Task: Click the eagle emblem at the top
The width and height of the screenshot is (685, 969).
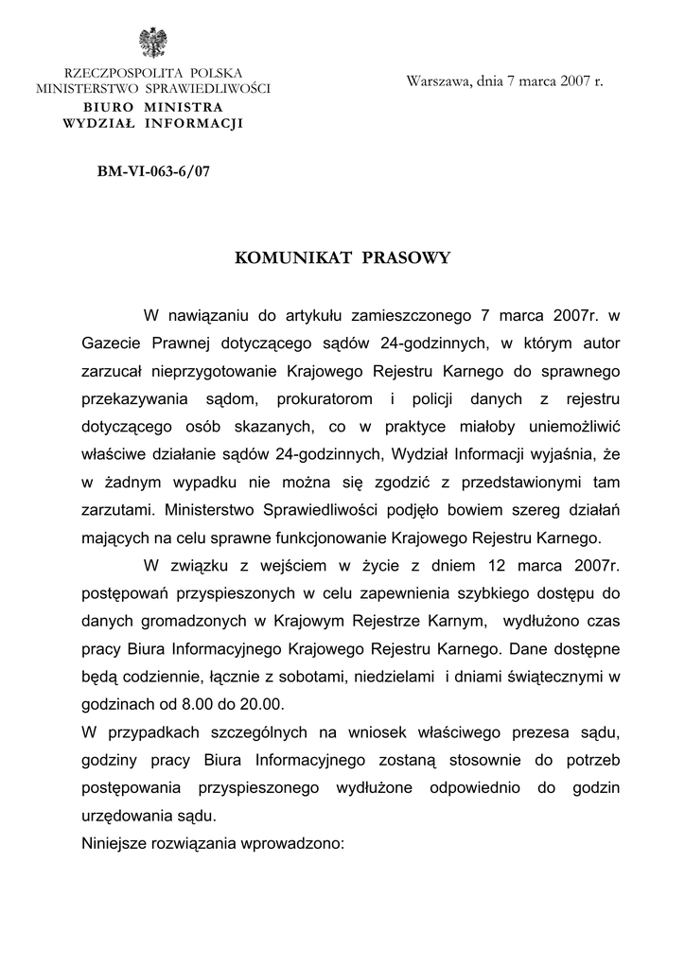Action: pos(152,44)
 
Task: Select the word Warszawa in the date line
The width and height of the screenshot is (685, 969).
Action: pos(437,81)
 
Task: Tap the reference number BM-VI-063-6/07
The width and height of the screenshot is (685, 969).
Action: pos(152,173)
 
